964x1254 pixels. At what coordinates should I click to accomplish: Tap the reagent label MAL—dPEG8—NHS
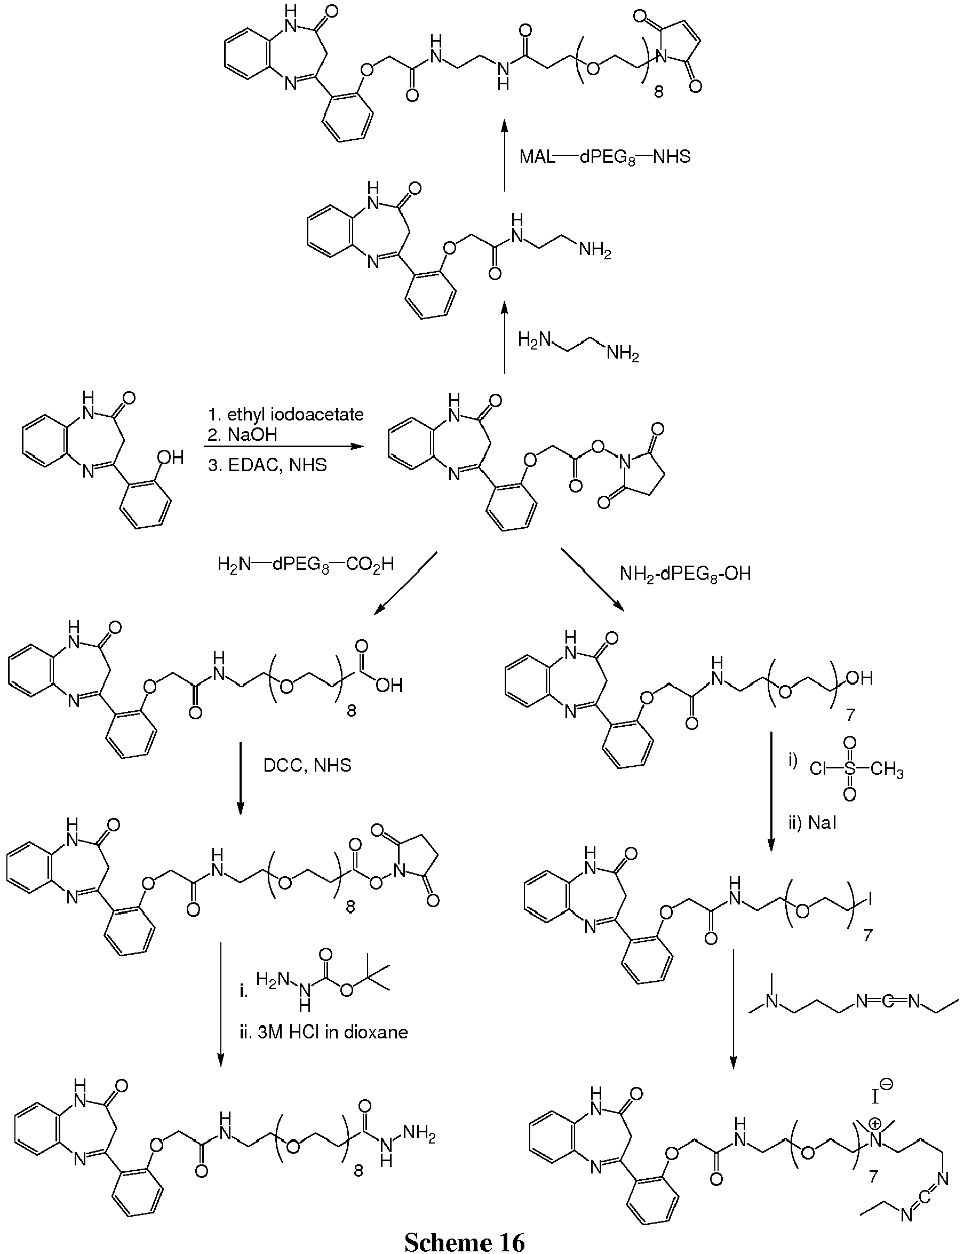606,157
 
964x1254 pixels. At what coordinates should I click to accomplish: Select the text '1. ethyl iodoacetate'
285,415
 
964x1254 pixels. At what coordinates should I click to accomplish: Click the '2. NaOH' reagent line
242,434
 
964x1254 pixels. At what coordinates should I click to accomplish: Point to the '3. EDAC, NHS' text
267,465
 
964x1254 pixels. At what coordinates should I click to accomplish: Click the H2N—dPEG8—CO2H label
306,565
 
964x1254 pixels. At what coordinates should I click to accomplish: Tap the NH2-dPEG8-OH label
685,574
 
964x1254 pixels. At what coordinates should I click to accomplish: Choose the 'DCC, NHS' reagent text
307,765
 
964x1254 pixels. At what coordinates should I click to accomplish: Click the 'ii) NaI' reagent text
812,823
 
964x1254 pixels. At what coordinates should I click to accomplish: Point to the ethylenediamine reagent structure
578,347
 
